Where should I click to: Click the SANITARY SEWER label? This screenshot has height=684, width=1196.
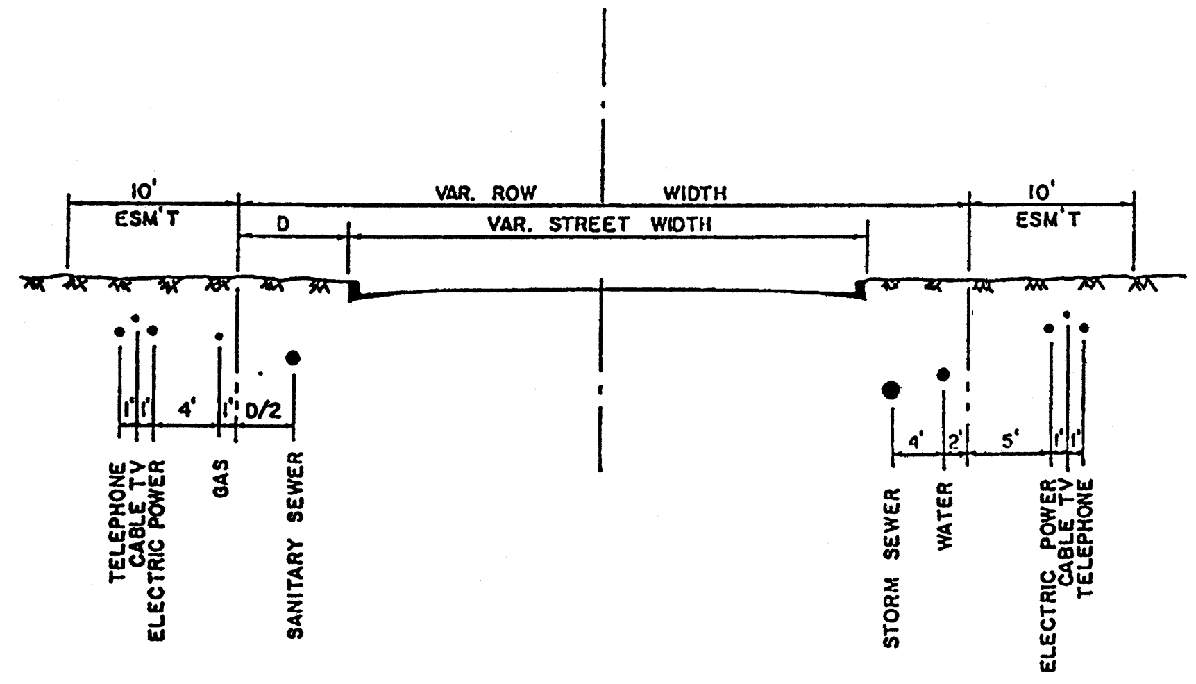(x=295, y=545)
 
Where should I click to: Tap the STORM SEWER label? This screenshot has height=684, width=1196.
(x=892, y=568)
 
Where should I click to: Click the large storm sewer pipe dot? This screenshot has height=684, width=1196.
(x=891, y=390)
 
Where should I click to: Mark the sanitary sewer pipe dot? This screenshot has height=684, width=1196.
(x=293, y=358)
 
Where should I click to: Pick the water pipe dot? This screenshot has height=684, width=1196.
(x=943, y=375)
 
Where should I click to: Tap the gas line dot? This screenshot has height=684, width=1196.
(x=219, y=336)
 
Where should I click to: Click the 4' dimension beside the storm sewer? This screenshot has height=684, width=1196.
(x=916, y=440)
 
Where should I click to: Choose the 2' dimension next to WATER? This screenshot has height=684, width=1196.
(x=955, y=440)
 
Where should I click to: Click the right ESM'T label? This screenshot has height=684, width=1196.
(x=1049, y=221)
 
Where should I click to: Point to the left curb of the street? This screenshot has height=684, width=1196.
(x=353, y=290)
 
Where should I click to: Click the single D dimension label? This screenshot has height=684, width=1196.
(x=283, y=225)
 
